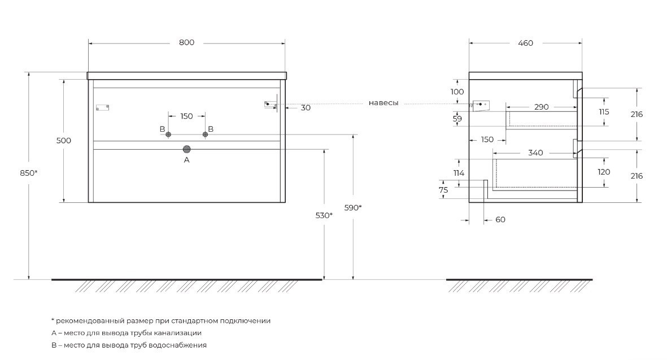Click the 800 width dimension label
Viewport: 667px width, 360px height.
coord(187,42)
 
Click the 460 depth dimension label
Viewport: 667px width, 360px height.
coord(525,43)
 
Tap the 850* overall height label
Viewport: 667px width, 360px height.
coord(28,173)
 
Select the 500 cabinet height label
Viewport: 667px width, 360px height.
coord(64,141)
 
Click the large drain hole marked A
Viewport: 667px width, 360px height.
coord(187,149)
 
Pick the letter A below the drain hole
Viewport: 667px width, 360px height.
coord(187,161)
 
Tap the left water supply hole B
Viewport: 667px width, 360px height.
coord(168,135)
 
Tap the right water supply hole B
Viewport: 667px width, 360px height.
coord(205,135)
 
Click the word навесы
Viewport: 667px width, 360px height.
coord(383,103)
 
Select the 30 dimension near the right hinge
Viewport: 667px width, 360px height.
coord(306,108)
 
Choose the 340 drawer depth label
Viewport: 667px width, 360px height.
coord(535,153)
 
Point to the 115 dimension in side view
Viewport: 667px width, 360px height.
coord(604,112)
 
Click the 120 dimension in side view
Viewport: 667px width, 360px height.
coord(604,172)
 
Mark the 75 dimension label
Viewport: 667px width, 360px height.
coord(443,190)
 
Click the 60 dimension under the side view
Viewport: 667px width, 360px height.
coord(500,220)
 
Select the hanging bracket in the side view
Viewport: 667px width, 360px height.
coord(481,105)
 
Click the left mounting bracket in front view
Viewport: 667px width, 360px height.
coord(102,107)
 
